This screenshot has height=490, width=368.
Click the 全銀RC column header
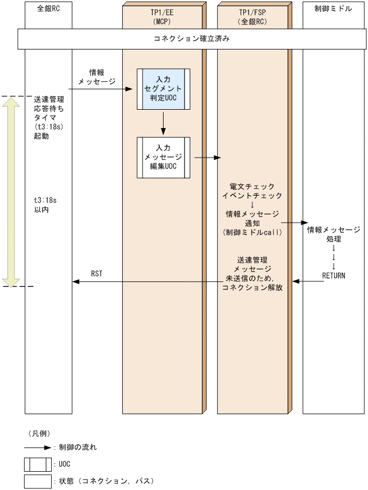click(x=48, y=9)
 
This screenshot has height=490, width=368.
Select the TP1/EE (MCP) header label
click(x=162, y=16)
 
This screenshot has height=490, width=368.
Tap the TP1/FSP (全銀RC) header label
click(x=252, y=16)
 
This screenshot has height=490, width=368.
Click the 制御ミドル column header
click(x=333, y=9)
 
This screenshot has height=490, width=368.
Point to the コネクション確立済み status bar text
click(x=192, y=39)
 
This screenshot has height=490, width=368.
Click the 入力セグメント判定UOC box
click(x=163, y=89)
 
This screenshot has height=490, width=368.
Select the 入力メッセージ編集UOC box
click(x=163, y=157)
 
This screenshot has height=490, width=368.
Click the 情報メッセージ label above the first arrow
click(x=97, y=76)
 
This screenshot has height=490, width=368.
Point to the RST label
click(x=97, y=274)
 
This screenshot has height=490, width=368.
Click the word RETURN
click(x=334, y=275)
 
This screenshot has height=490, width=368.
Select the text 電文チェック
click(x=252, y=186)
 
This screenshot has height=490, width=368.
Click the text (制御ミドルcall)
click(x=252, y=233)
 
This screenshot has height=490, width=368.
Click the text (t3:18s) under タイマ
click(x=48, y=127)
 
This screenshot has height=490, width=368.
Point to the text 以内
click(x=41, y=209)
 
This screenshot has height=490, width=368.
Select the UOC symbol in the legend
click(x=37, y=464)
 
